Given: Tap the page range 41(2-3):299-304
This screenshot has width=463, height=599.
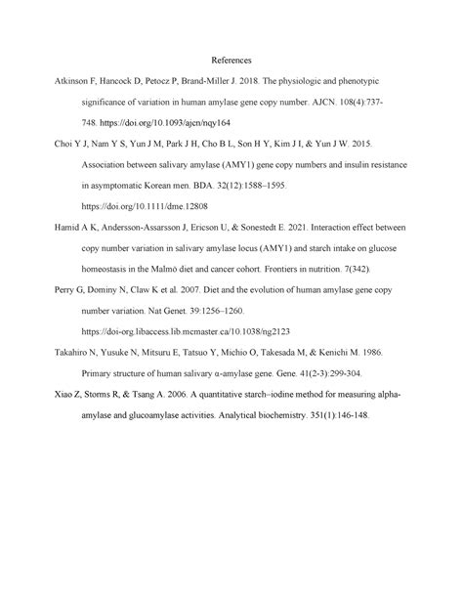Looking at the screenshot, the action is click(330, 372).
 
